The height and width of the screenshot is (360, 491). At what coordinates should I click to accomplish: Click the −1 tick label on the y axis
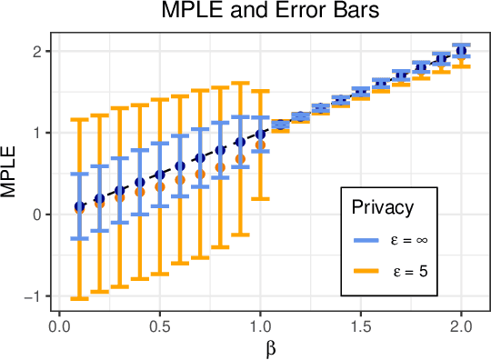coord(35,296)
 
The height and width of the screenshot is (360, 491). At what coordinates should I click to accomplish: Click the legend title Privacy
coord(382,207)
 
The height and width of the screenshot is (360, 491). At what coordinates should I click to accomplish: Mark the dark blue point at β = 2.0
coord(461,51)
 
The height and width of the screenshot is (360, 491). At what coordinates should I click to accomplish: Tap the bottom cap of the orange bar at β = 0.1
coord(79,298)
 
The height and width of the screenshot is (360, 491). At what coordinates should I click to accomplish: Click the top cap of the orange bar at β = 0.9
coord(240,84)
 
